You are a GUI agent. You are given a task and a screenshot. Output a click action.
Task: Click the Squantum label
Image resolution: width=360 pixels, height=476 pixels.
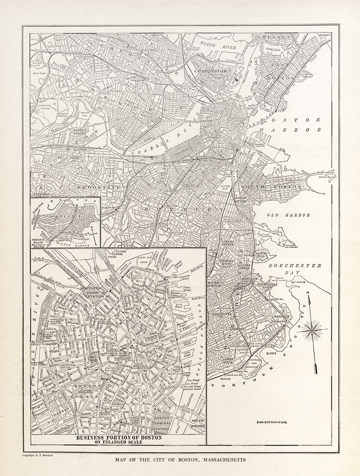click(x=309, y=281)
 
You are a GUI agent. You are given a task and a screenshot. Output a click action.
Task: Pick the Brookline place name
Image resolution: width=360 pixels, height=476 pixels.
click(x=101, y=188)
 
